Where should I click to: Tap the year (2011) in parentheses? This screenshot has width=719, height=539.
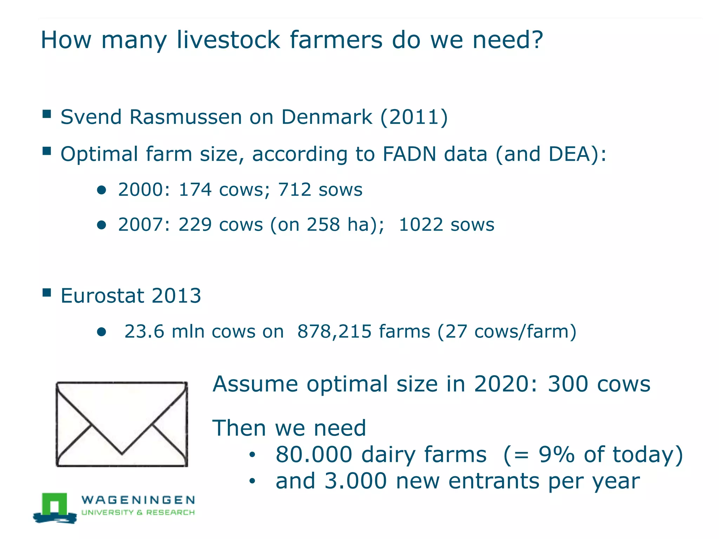[414, 117]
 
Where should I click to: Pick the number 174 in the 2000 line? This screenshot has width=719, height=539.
[195, 190]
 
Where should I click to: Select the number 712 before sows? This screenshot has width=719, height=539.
[295, 190]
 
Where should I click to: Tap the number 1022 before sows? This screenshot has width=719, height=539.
[421, 225]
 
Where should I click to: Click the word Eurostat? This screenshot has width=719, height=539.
[102, 295]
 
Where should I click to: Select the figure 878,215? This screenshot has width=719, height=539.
[334, 331]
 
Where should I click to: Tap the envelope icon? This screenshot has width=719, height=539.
[122, 424]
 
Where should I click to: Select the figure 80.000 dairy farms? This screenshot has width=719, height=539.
[381, 455]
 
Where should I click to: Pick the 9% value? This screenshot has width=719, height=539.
[556, 455]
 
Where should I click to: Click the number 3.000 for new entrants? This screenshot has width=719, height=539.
[355, 481]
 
